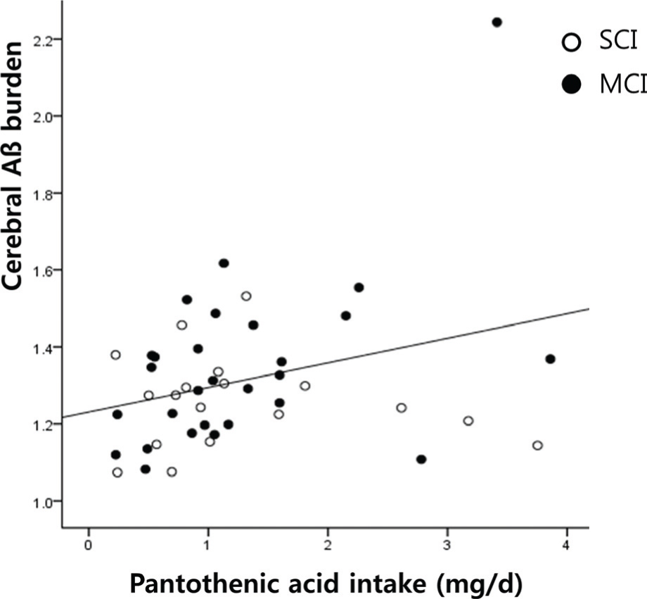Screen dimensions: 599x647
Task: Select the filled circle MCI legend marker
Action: (x=573, y=85)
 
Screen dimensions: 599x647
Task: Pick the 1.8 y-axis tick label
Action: (x=42, y=193)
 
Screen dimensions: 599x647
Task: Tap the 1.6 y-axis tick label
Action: (x=42, y=270)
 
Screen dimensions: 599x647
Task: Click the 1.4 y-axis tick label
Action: (x=42, y=347)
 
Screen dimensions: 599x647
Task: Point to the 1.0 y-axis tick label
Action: (x=42, y=501)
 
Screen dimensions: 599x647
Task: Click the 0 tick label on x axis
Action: (x=89, y=546)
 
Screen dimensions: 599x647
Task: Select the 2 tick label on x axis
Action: (x=328, y=546)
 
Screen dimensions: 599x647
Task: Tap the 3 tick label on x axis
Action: (x=447, y=546)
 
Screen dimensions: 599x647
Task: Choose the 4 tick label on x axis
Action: (x=567, y=546)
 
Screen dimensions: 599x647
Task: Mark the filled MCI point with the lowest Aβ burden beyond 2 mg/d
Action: (x=421, y=460)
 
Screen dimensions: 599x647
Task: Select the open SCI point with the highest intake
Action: (x=538, y=446)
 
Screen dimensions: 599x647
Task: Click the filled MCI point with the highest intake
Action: (x=550, y=359)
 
